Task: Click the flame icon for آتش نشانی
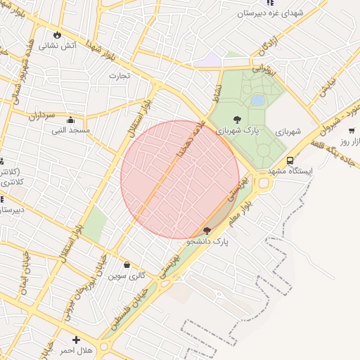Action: (x=57, y=34)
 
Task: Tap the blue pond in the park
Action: (x=257, y=101)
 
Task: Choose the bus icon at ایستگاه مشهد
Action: (x=290, y=160)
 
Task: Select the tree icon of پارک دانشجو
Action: (x=206, y=231)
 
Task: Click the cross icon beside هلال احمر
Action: (x=76, y=340)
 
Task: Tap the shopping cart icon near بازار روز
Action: (x=351, y=131)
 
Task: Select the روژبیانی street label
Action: (x=261, y=69)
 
